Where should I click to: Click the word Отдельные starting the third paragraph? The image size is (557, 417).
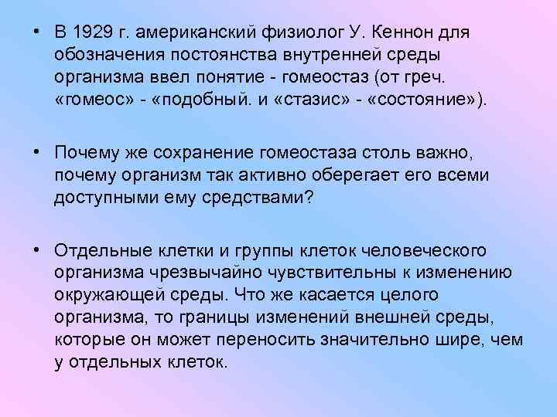98,250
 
